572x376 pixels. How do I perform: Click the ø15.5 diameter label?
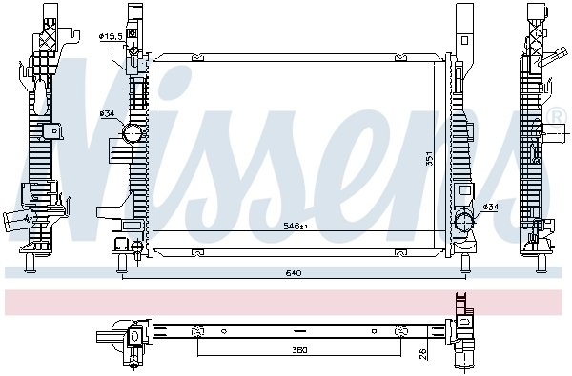click(111, 36)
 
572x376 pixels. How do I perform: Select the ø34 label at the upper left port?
click(107, 113)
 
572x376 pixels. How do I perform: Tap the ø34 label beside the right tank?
click(490, 207)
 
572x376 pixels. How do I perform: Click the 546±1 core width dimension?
click(296, 227)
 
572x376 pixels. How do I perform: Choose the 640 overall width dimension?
click(294, 273)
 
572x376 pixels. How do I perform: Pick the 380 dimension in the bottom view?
click(299, 350)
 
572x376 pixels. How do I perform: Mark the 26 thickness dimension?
click(422, 354)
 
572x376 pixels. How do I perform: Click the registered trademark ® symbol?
click(557, 116)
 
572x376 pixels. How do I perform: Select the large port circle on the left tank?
click(132, 133)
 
